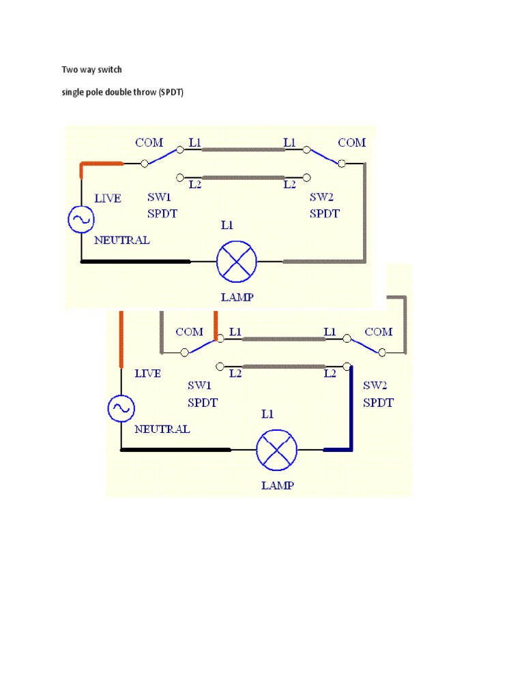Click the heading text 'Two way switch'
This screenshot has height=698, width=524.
point(91,70)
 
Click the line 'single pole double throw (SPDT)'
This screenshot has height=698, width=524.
point(123,92)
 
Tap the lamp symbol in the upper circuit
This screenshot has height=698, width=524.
point(237,262)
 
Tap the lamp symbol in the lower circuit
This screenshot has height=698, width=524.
point(277,450)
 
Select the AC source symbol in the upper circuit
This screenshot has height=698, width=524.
point(81,219)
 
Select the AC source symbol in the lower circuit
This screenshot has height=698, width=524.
point(121,408)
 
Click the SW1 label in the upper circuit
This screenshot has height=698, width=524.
point(159,197)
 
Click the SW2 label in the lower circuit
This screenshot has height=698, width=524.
point(375,385)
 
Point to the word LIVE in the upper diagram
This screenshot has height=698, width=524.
point(108,198)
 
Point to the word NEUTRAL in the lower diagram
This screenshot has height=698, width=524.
point(162,429)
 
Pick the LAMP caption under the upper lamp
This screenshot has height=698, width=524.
point(237,297)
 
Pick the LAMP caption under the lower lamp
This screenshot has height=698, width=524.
point(278,485)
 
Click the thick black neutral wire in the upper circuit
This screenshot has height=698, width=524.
point(136,262)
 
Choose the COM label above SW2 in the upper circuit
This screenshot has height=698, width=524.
point(351,142)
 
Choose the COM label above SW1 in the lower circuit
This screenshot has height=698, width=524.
point(190,332)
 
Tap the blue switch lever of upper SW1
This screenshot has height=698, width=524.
point(162,157)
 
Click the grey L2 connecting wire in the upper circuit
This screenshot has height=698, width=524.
point(244,178)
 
